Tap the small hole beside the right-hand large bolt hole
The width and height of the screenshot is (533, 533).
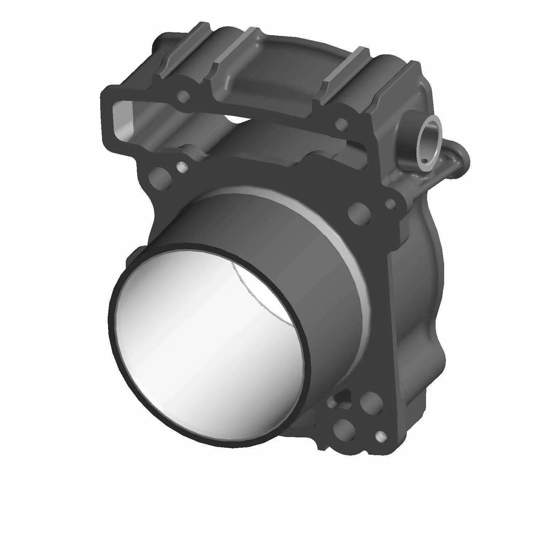click(x=391, y=204)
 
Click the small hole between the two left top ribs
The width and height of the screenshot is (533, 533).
click(x=184, y=96)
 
